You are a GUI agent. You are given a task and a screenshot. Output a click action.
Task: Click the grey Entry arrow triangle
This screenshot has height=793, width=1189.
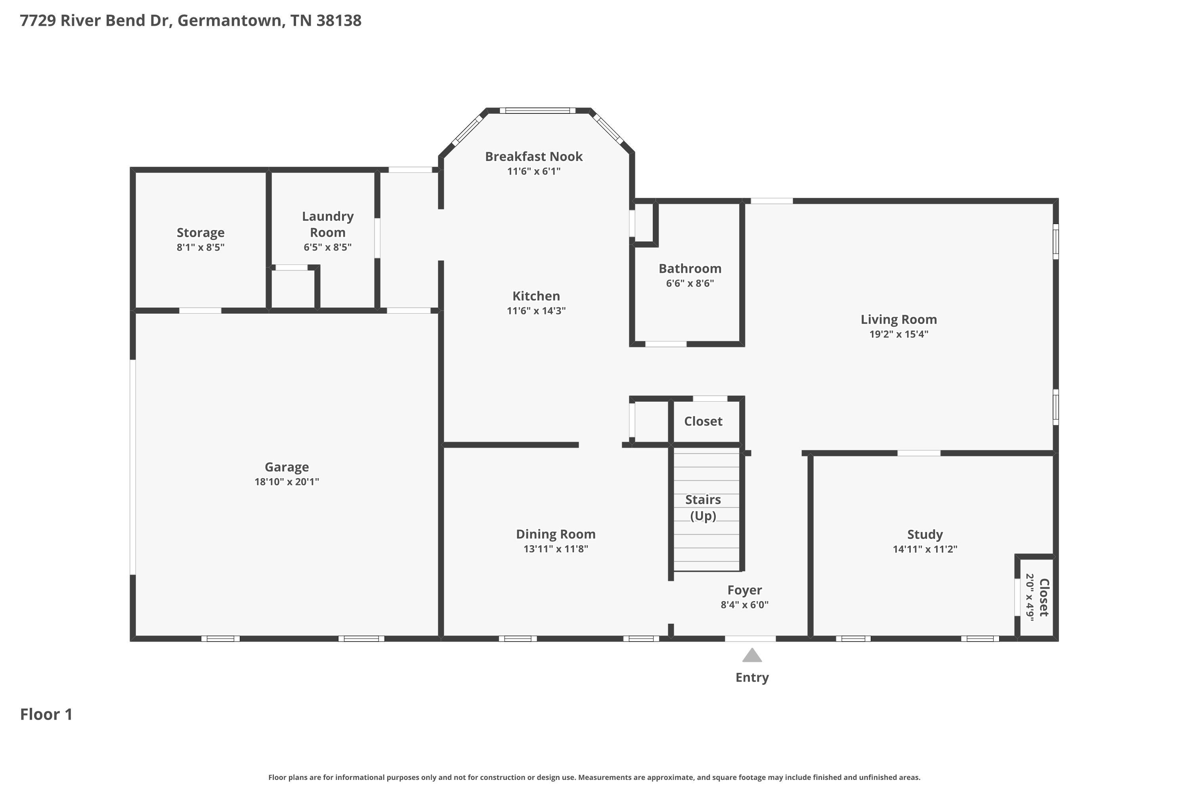pyautogui.click(x=752, y=655)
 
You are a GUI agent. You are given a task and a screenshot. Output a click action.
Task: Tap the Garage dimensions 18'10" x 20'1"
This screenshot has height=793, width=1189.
pyautogui.click(x=287, y=481)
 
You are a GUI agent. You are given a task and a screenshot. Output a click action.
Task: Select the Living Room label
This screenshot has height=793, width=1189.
pyautogui.click(x=898, y=319)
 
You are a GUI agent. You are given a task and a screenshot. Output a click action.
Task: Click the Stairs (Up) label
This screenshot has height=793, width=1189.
pyautogui.click(x=703, y=507)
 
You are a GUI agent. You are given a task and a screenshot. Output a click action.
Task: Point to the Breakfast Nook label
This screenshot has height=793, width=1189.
pyautogui.click(x=533, y=156)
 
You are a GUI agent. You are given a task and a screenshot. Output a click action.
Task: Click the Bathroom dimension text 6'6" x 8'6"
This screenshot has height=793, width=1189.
pyautogui.click(x=690, y=283)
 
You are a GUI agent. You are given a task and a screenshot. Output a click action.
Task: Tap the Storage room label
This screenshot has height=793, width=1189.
pyautogui.click(x=200, y=233)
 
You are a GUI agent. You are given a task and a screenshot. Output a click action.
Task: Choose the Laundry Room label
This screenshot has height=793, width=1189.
pyautogui.click(x=328, y=224)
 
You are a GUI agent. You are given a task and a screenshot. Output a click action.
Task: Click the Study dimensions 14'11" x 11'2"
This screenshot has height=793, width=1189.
pyautogui.click(x=925, y=549)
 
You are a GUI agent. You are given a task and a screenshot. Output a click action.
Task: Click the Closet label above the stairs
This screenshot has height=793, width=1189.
pyautogui.click(x=703, y=421)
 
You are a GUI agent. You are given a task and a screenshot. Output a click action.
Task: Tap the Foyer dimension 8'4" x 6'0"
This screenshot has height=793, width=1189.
pyautogui.click(x=744, y=604)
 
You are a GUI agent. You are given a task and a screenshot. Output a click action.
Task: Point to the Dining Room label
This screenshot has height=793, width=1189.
pyautogui.click(x=556, y=534)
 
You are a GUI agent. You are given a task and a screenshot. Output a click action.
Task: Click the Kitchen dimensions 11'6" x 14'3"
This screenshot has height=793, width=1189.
pyautogui.click(x=536, y=310)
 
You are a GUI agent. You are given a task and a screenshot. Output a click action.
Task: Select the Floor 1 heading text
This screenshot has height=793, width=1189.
pyautogui.click(x=46, y=714)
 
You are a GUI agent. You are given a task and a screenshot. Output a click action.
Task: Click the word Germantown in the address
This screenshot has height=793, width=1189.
pyautogui.click(x=230, y=20)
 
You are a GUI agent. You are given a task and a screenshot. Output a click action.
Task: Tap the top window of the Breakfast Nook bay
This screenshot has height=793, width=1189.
pyautogui.click(x=537, y=110)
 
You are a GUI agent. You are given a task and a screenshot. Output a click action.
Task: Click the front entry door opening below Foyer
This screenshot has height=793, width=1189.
pyautogui.click(x=750, y=639)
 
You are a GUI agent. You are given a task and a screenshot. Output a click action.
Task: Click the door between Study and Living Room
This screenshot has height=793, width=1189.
pyautogui.click(x=919, y=453)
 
